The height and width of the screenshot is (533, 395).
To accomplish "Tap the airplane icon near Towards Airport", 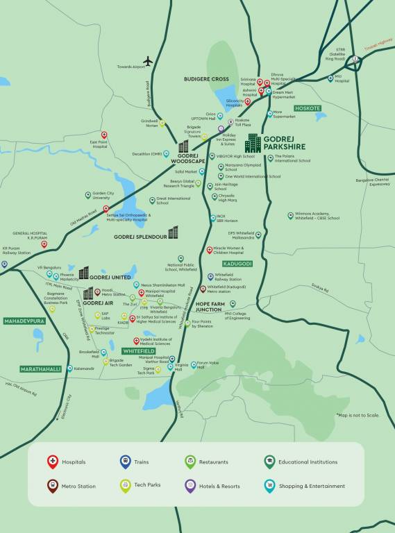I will [147, 61].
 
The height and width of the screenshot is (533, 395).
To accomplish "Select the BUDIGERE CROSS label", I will [206, 79].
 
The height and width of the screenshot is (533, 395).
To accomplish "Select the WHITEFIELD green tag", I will [138, 351].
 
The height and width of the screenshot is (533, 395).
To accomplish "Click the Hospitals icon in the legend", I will [52, 462].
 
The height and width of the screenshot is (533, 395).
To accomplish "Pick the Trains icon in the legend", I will [125, 462].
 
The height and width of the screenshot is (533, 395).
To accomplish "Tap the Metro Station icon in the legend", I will [52, 486].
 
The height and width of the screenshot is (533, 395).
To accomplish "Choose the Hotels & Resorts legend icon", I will [190, 486].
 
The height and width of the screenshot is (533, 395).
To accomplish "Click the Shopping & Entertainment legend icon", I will [269, 486].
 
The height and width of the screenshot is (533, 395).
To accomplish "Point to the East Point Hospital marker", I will [104, 135].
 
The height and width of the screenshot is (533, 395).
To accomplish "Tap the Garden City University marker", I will [88, 195].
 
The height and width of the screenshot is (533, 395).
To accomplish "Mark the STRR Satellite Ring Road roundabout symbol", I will [356, 60].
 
